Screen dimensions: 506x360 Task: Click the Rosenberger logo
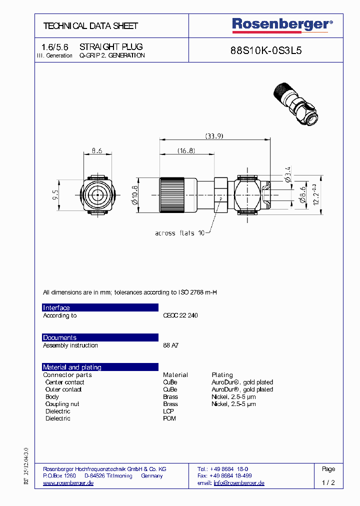(282, 24)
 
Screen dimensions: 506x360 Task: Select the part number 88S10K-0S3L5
(265, 50)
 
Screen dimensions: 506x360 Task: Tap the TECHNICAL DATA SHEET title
(90, 26)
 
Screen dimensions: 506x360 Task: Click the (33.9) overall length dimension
(214, 135)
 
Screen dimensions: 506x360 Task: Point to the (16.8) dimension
(186, 150)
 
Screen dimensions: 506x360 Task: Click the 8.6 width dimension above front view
(96, 149)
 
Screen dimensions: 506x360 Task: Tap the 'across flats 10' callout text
(179, 233)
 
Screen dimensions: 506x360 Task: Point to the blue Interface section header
(100, 307)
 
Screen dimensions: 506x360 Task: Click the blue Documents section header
(100, 337)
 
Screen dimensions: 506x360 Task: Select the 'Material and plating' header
(100, 367)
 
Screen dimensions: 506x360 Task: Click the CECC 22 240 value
(180, 315)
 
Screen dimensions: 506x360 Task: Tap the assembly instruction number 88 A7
(170, 345)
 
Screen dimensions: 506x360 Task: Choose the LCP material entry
(169, 411)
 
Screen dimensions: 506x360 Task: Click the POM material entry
(169, 418)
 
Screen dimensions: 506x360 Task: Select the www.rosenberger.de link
(68, 483)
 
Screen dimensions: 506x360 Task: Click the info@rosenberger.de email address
(239, 483)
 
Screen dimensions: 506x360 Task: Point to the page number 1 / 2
(328, 483)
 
